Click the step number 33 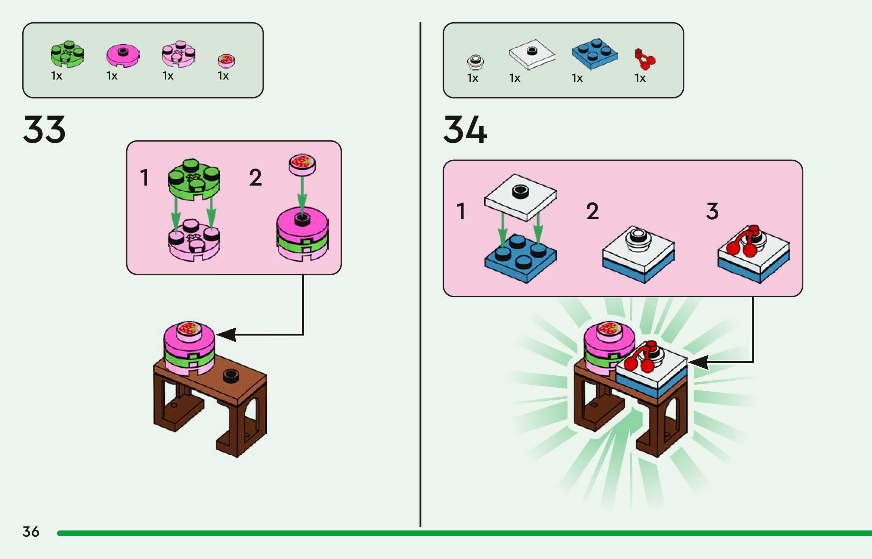pyautogui.click(x=44, y=130)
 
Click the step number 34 pyautogui.click(x=465, y=130)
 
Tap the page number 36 pyautogui.click(x=31, y=532)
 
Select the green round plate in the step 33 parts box pyautogui.click(x=67, y=54)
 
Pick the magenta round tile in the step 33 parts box pyautogui.click(x=123, y=55)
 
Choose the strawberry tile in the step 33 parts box pyautogui.click(x=226, y=60)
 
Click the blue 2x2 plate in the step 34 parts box pyautogui.click(x=594, y=54)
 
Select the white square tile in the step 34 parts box pyautogui.click(x=532, y=54)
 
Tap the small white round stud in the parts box pyautogui.click(x=475, y=62)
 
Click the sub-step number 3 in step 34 pyautogui.click(x=712, y=211)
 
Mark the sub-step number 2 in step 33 pyautogui.click(x=255, y=178)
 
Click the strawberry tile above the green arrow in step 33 pyautogui.click(x=302, y=164)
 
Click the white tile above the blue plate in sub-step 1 pyautogui.click(x=521, y=197)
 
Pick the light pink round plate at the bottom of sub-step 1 pyautogui.click(x=194, y=241)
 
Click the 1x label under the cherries pyautogui.click(x=640, y=78)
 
